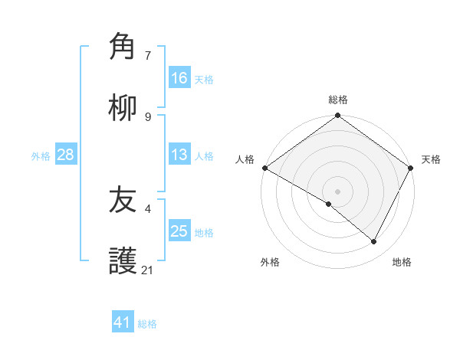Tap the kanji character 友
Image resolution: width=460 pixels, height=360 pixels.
coord(123,201)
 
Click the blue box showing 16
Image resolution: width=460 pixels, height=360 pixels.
coord(179,77)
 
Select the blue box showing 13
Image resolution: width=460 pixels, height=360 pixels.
coord(179,155)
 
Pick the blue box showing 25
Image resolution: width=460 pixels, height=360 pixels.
coord(179,231)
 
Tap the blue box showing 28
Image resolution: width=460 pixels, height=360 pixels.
coord(66,155)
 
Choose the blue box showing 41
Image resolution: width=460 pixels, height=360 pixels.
coord(123,322)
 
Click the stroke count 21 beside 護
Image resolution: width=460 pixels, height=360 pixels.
coord(148,270)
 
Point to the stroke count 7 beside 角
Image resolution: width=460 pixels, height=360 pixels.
coord(148,55)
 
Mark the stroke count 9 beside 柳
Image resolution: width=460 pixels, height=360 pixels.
coord(148,116)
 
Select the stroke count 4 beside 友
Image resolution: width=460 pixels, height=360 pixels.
coord(148,208)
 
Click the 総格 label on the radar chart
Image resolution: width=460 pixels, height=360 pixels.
coord(338,100)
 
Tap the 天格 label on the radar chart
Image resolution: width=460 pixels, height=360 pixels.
coord(431,159)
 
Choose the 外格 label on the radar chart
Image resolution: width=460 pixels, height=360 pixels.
coord(270,262)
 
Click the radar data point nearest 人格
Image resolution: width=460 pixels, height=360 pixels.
coord(264,168)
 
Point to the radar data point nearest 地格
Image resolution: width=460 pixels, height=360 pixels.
coord(374,241)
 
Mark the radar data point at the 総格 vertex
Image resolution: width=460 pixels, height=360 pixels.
coord(338,116)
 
